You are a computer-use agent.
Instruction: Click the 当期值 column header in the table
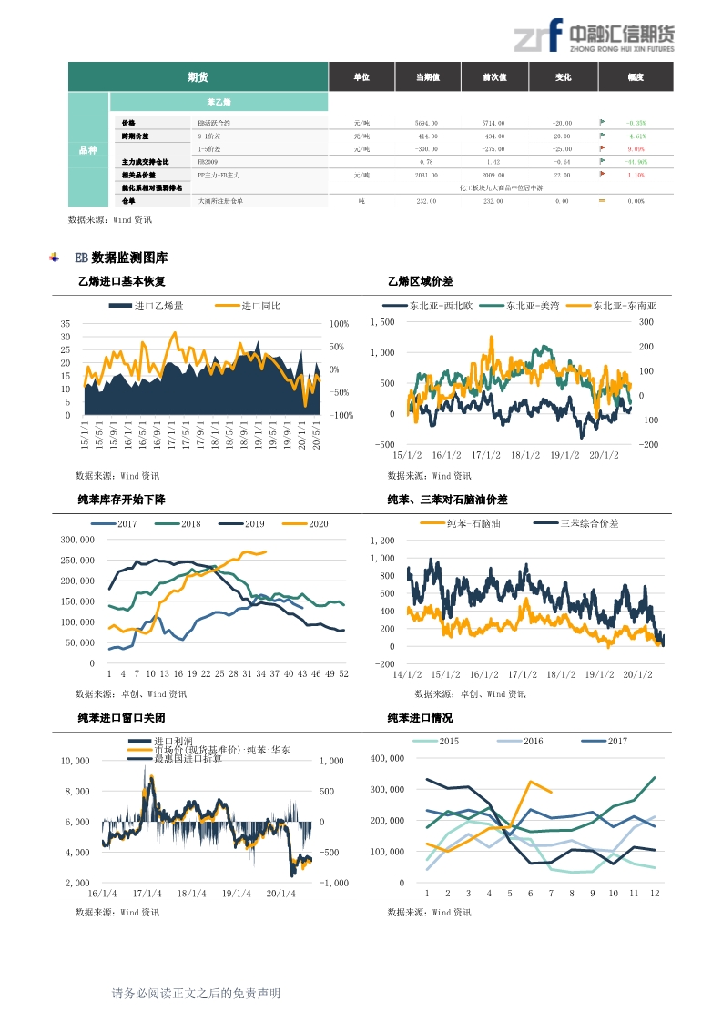click(427, 77)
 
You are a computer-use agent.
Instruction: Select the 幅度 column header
click(635, 77)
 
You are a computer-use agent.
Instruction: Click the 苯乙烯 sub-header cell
click(219, 102)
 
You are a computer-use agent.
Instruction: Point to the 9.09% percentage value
click(636, 148)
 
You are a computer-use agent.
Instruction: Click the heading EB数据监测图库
click(121, 258)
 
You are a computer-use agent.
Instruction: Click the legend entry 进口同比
click(261, 306)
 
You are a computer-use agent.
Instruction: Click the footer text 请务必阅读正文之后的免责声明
click(196, 993)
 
